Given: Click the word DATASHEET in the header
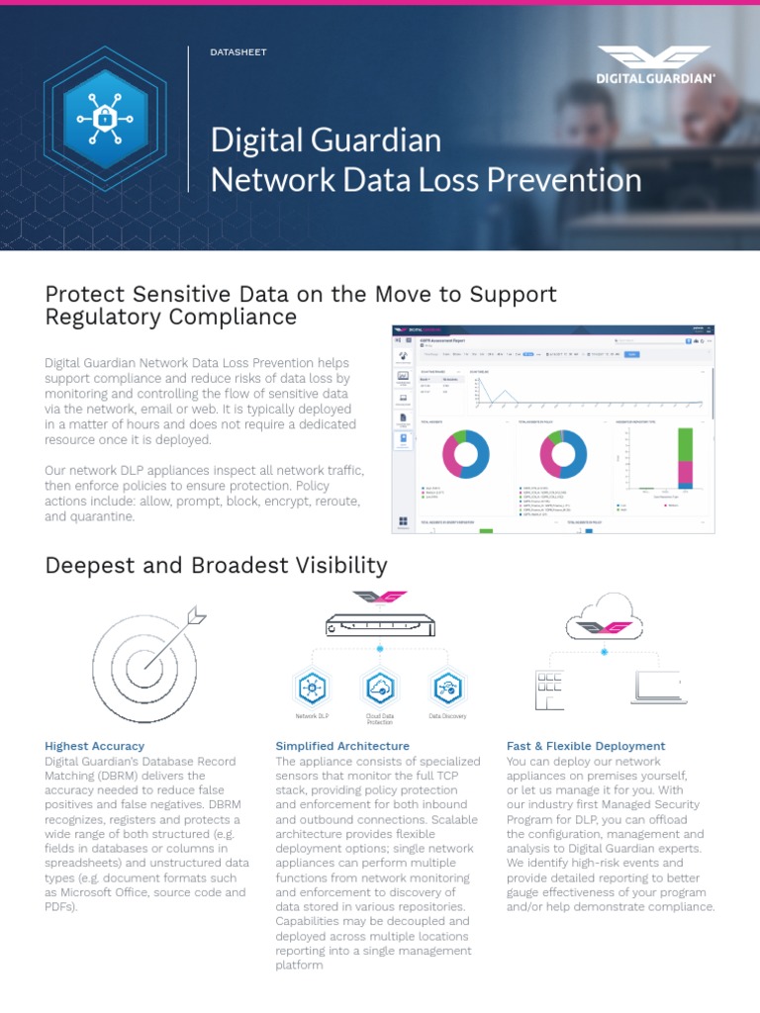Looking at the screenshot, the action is (x=239, y=51).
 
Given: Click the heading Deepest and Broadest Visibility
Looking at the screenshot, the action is (x=216, y=565).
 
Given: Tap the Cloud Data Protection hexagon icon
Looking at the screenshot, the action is (x=380, y=687).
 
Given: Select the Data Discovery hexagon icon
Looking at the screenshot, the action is (x=447, y=687).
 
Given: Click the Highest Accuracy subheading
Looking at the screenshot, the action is (x=95, y=746).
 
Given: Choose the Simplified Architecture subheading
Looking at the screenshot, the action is (x=341, y=746).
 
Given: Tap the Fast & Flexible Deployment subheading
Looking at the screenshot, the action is (x=586, y=746).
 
